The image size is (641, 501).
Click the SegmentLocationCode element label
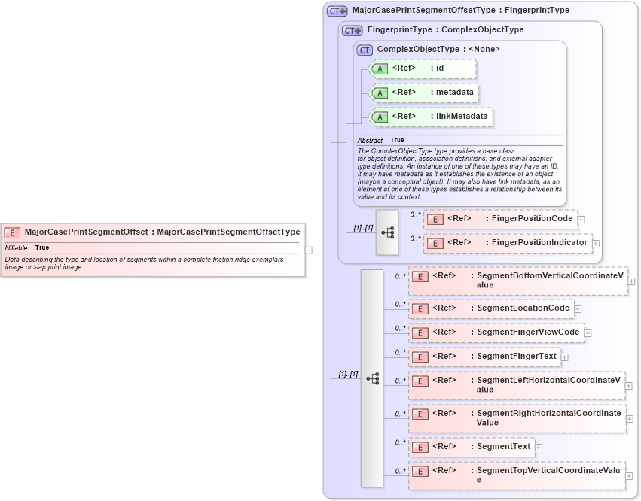coord(523,308)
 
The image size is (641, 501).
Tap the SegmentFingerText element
coord(484,357)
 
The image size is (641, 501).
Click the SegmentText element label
coord(504,446)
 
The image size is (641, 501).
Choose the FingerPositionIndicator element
coord(507,243)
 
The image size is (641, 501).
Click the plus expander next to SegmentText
coord(539,448)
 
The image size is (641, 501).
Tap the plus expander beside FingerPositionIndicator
coord(595,243)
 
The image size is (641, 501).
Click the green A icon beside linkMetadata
coord(380,117)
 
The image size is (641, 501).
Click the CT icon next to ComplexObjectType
coord(365,50)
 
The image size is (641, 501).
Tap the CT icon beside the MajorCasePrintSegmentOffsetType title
coord(337,11)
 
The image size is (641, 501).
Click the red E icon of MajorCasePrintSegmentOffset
coord(13,232)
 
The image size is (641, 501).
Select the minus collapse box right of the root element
coord(309,249)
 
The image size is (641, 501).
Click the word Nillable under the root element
coord(17,247)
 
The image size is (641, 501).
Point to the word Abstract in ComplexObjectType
coord(370,141)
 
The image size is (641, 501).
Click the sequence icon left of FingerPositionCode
coord(388,232)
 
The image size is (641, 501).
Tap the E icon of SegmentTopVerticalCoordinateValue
coord(420,471)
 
